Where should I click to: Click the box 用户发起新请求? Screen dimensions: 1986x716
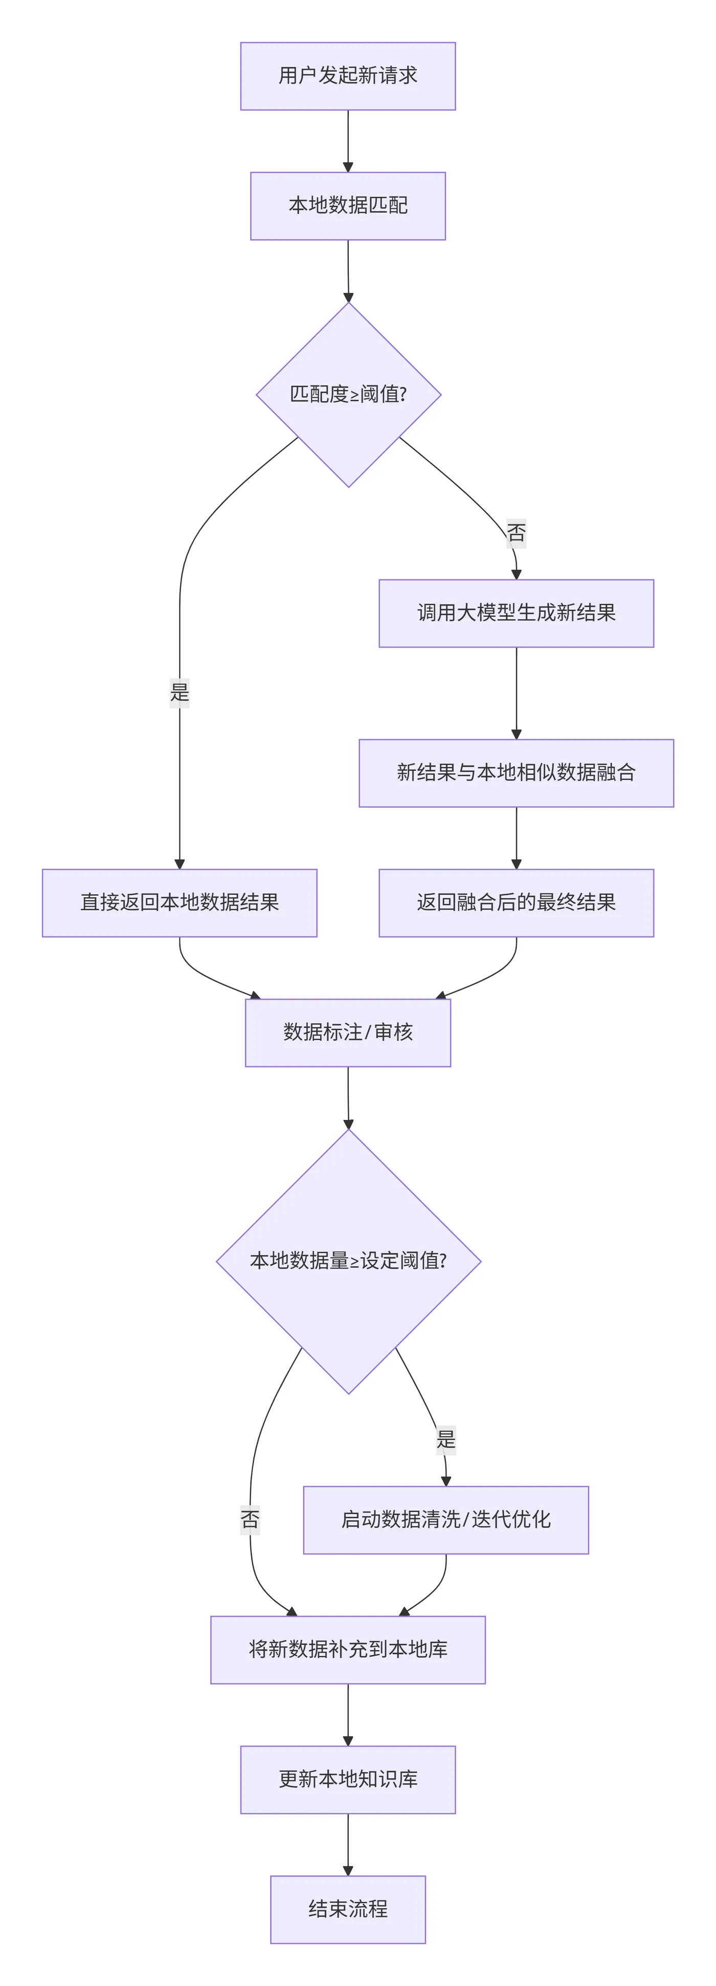tap(348, 76)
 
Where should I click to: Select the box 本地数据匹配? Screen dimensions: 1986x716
tap(348, 205)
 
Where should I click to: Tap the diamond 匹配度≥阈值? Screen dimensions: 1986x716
tap(348, 394)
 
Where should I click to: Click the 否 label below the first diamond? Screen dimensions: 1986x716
tap(516, 533)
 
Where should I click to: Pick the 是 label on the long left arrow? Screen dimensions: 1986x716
tap(180, 692)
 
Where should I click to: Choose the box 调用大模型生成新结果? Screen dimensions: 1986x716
tap(516, 613)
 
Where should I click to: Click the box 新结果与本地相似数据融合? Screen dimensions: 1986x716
tap(516, 772)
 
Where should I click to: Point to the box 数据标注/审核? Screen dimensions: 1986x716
tap(348, 1032)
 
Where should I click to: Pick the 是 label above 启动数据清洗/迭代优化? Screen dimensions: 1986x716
tap(445, 1439)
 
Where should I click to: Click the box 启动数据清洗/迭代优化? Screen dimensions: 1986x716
tap(445, 1520)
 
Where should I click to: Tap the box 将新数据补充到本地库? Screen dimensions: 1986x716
tap(348, 1649)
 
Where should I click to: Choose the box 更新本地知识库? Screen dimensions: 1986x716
tap(348, 1779)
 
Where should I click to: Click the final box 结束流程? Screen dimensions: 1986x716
tap(348, 1909)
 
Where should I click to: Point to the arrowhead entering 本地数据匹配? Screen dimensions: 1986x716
tap(348, 166)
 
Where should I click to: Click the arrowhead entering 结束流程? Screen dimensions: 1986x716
tap(348, 1870)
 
